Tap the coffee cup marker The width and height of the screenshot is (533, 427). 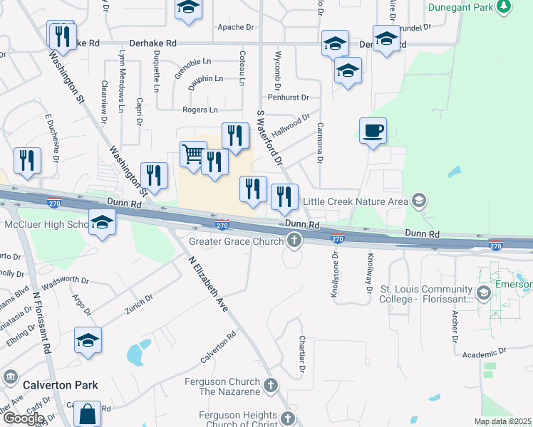point(373,131)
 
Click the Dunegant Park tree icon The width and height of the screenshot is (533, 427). point(504,6)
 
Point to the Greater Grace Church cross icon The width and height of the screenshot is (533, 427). point(294,242)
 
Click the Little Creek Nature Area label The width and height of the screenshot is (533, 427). point(357,201)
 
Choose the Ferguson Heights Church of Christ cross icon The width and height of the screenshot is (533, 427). point(287,418)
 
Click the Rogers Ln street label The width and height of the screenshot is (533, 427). point(200,110)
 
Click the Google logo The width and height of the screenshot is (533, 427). point(24,418)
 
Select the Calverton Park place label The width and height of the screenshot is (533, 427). point(60,385)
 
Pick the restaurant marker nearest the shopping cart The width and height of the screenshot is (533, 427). point(214,162)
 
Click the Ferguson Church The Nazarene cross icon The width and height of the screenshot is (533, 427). point(270,386)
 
